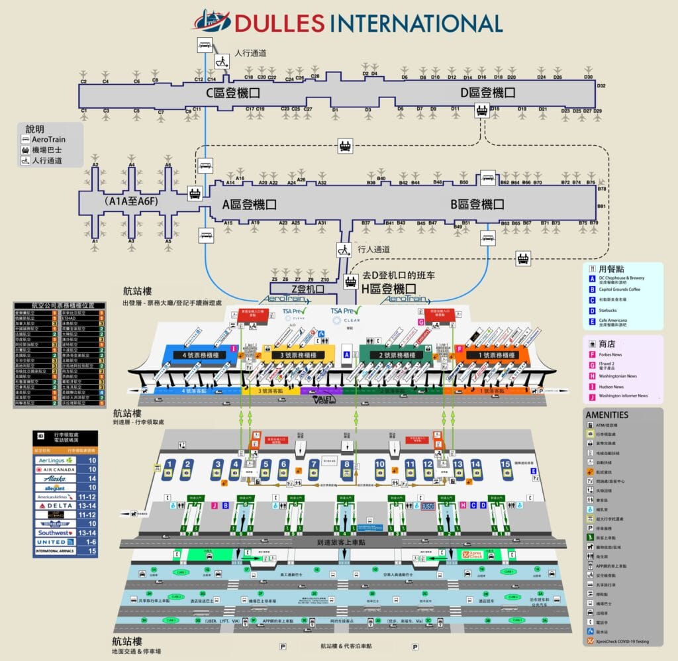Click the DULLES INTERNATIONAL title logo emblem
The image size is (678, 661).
point(212,21)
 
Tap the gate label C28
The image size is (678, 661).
point(315,76)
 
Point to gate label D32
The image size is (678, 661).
point(601,86)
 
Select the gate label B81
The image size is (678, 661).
point(602,207)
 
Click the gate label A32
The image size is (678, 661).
point(322,183)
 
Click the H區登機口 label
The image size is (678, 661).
point(388,289)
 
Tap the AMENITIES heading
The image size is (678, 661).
point(606,414)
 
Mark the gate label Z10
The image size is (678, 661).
point(324,271)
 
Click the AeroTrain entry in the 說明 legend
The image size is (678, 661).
point(48,140)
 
